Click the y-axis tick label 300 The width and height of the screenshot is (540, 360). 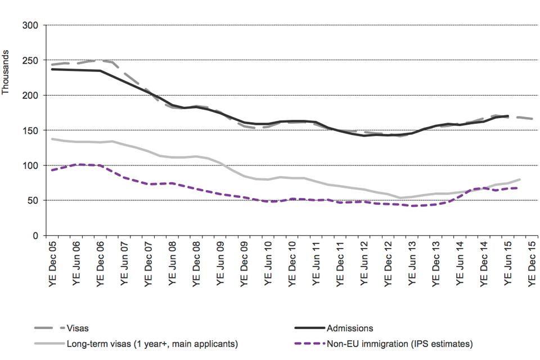pyautogui.click(x=29, y=25)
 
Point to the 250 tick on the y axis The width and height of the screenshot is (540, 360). pyautogui.click(x=29, y=60)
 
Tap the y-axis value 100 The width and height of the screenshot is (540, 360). pyautogui.click(x=29, y=165)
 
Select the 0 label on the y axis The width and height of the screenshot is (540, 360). pyautogui.click(x=34, y=236)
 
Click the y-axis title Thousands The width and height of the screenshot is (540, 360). pyautogui.click(x=6, y=73)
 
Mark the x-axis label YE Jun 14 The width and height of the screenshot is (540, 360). pyautogui.click(x=461, y=263)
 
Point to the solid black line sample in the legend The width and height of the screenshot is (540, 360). pyautogui.click(x=310, y=328)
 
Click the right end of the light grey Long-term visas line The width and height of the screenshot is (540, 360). pyautogui.click(x=520, y=179)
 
